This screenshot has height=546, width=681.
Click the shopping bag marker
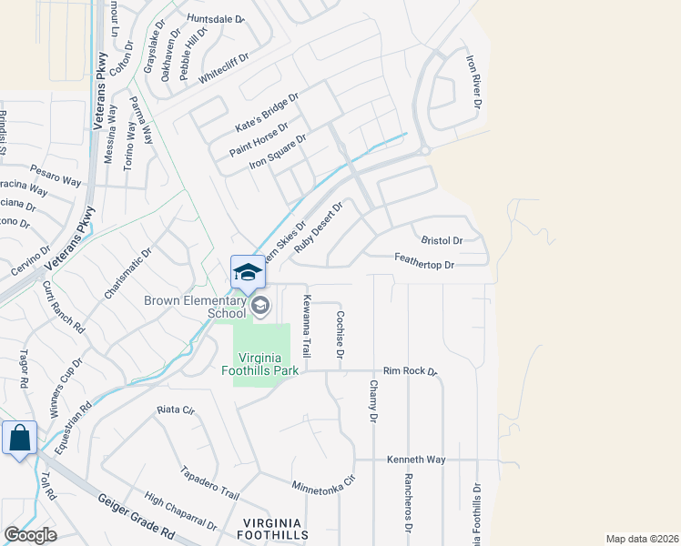point(19,439)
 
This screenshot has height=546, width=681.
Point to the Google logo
point(29,535)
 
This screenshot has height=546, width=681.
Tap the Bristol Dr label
point(442,240)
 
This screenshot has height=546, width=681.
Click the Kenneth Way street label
point(416,460)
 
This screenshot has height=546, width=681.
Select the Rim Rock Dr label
point(411,371)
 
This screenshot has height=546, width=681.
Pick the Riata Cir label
point(176,409)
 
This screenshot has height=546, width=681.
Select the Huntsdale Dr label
point(216,18)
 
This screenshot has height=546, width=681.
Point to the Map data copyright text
point(642,538)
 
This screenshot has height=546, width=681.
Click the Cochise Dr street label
point(339,335)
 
